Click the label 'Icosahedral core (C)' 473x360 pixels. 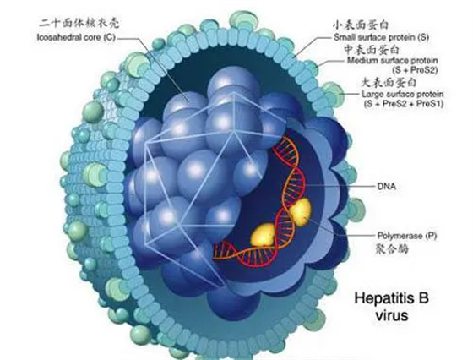coord(76,38)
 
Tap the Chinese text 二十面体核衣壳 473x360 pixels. coord(79,23)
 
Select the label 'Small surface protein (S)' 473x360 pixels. coord(381,37)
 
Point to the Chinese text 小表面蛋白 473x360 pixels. coord(360,25)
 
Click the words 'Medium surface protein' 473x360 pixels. coord(393,60)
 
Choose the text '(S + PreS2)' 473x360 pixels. coord(415,70)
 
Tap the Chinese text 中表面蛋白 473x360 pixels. coord(372,50)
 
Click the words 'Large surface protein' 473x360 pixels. coord(403,94)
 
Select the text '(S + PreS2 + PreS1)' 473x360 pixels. coord(404,104)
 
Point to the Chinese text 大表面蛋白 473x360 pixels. coord(389,82)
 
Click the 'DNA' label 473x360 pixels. coord(387,186)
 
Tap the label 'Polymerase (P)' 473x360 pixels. coord(407,236)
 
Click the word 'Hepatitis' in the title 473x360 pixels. coord(380,298)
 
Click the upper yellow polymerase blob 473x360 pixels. coord(300,212)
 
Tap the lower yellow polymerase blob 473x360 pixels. coord(263,234)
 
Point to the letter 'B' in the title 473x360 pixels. coord(422,297)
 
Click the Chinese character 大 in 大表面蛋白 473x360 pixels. coord(367,82)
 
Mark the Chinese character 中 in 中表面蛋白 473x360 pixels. coord(350,50)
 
